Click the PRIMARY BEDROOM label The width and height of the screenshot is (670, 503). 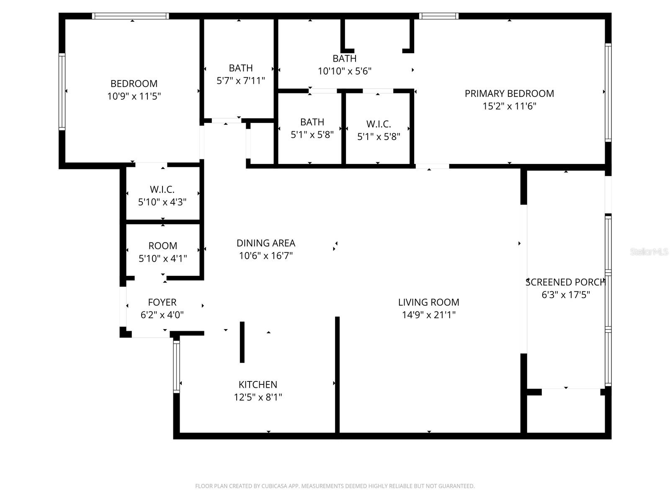[509, 93]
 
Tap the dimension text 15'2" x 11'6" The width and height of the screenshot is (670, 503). [509, 106]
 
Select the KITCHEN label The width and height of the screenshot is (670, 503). [258, 384]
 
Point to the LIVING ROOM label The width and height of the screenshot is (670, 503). [428, 302]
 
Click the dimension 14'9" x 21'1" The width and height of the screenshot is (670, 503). [428, 315]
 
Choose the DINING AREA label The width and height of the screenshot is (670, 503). [265, 243]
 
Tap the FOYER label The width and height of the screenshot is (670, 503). [162, 302]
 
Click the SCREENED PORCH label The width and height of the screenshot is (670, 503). [565, 282]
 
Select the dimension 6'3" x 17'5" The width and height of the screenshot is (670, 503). [565, 295]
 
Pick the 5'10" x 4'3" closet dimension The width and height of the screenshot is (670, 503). [162, 202]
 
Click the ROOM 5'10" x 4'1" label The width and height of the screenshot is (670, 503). [162, 246]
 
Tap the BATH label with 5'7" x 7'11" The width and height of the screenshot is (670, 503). [240, 68]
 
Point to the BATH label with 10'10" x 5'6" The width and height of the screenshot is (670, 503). [344, 58]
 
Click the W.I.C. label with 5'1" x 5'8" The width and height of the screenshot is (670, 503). [379, 124]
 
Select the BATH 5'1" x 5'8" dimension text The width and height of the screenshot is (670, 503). [312, 135]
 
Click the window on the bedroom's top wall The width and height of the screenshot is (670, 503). [130, 16]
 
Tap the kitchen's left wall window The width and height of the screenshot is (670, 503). [176, 366]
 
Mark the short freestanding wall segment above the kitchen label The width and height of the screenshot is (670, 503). [242, 342]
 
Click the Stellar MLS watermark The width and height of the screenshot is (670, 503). [649, 251]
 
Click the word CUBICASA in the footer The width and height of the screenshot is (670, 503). [276, 486]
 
